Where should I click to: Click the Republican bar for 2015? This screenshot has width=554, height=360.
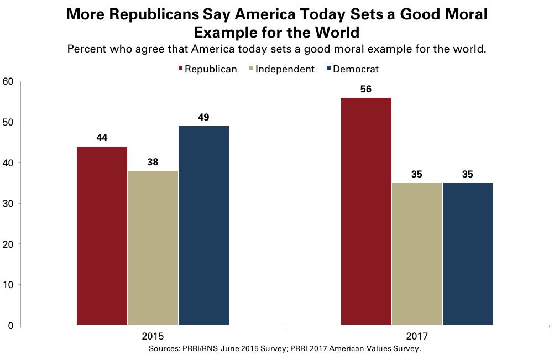(x=102, y=236)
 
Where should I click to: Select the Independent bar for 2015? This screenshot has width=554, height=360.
(x=153, y=248)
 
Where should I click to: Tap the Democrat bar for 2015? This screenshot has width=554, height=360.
(x=203, y=226)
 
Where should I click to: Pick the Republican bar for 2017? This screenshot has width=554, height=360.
(x=366, y=211)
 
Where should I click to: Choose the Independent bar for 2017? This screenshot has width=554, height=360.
(x=417, y=254)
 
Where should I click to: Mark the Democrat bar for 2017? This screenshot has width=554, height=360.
(x=468, y=254)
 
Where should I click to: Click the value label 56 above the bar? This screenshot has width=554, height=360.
(x=366, y=88)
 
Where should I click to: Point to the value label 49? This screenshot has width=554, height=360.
(x=203, y=117)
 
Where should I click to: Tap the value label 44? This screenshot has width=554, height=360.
(x=102, y=137)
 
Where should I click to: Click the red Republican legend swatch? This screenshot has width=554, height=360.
(x=180, y=70)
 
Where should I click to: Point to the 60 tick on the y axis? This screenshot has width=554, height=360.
(x=8, y=81)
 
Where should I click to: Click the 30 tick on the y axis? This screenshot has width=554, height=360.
(x=8, y=204)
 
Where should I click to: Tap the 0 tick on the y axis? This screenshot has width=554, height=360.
(x=11, y=325)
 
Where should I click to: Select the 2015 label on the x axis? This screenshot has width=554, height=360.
(x=152, y=336)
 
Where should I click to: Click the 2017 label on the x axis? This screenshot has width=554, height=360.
(x=416, y=336)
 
